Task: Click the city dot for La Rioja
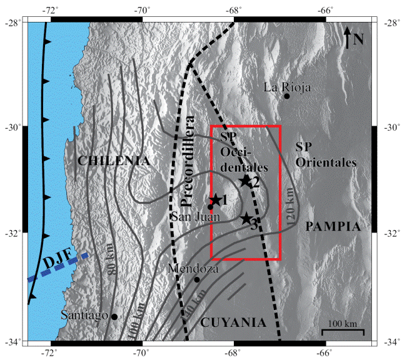click(x=287, y=96)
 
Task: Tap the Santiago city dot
click(x=114, y=317)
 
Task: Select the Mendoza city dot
click(x=197, y=279)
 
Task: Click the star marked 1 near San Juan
click(x=215, y=200)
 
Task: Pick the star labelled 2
click(x=245, y=181)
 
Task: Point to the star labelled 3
click(x=246, y=219)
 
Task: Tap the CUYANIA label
click(x=233, y=322)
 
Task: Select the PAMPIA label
click(x=333, y=227)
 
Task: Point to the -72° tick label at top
click(x=51, y=9)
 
